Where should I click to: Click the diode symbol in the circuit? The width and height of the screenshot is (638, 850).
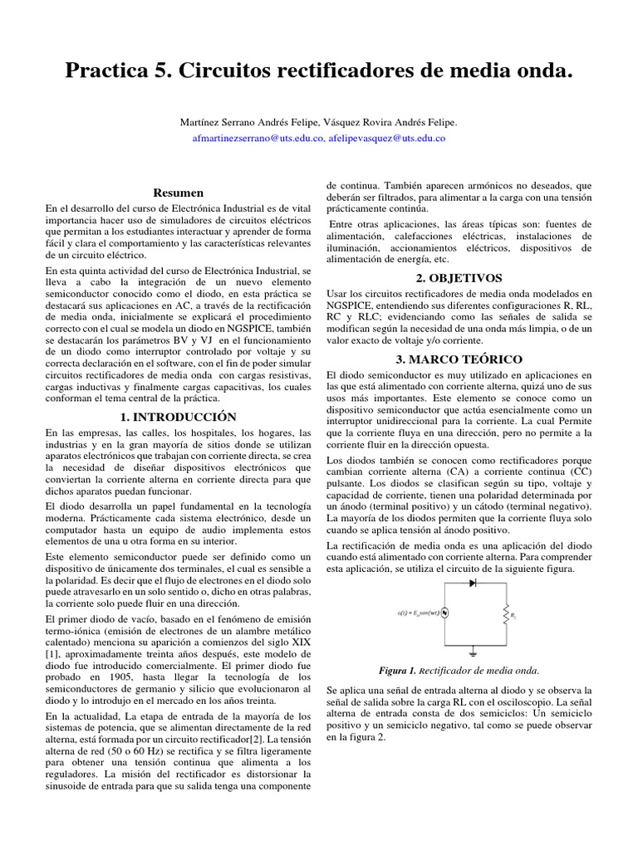tap(474, 584)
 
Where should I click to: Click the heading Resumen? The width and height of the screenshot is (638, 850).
tap(179, 193)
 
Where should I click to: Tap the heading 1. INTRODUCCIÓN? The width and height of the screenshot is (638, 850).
tap(178, 417)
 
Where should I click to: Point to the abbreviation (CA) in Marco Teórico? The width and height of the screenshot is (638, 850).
tap(459, 471)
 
